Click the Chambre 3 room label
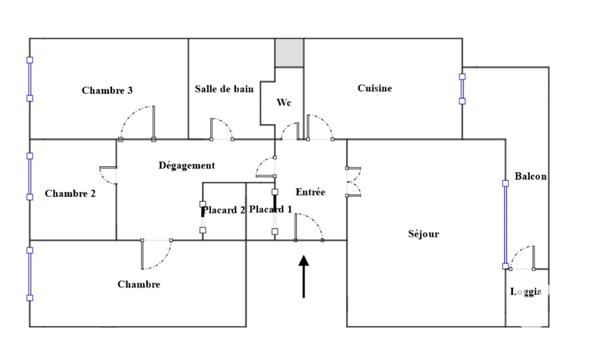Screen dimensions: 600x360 tap(107, 90)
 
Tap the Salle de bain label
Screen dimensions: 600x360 tap(224, 89)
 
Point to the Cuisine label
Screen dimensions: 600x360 tap(375, 88)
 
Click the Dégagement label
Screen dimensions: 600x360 tap(187, 165)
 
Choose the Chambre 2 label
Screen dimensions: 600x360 tap(70, 194)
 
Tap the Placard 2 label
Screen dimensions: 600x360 tap(224, 210)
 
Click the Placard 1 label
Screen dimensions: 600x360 tap(270, 209)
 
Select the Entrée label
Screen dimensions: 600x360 tap(311, 191)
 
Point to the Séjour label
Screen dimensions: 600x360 tap(423, 234)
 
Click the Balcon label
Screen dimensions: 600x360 tap(530, 177)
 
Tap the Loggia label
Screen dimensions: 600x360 tap(526, 292)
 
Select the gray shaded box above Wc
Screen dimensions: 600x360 tap(289, 53)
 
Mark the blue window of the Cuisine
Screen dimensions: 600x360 tap(462, 87)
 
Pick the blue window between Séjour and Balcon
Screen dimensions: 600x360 tap(505, 224)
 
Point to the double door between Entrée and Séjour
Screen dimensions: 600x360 tap(350, 181)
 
